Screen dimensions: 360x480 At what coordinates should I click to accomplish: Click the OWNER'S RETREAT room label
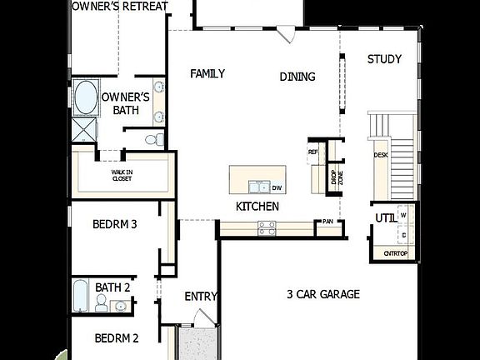[120, 7]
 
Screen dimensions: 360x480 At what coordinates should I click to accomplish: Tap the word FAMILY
[207, 73]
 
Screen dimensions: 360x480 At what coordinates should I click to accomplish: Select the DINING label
[297, 77]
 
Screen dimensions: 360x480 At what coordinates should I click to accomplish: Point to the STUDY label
[384, 59]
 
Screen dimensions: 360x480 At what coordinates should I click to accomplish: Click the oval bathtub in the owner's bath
[84, 97]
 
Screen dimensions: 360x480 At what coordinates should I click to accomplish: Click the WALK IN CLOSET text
[122, 175]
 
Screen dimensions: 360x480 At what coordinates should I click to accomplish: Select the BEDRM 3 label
[115, 224]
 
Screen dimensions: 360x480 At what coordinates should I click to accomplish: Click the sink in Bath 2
[120, 306]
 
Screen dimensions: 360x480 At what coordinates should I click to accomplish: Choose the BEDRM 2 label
[116, 338]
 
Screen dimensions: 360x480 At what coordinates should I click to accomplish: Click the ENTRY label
[201, 296]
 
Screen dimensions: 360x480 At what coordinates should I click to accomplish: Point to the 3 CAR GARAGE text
[322, 294]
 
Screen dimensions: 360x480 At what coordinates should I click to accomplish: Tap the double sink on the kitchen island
[258, 187]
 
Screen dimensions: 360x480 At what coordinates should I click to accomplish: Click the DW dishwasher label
[277, 188]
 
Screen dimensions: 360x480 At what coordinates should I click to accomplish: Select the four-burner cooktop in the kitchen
[267, 227]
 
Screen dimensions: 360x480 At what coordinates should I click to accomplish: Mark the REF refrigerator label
[313, 152]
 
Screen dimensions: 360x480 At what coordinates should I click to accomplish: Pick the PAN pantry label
[328, 222]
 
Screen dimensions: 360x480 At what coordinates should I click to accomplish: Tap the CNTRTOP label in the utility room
[395, 253]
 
